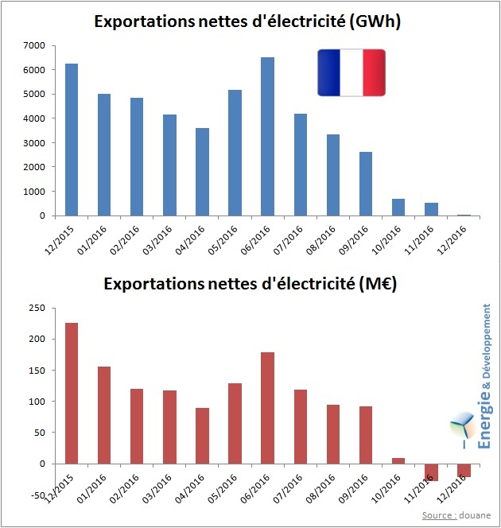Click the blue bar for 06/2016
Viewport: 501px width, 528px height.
point(267,136)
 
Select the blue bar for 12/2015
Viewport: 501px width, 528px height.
point(72,139)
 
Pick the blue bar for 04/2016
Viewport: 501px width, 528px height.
point(202,172)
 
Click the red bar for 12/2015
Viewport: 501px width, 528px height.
point(72,393)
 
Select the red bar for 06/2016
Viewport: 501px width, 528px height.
point(267,408)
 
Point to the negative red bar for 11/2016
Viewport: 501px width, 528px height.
point(430,472)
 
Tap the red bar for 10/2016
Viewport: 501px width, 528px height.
point(398,460)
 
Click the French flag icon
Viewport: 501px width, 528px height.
point(351,72)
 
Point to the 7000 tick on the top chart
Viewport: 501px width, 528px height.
point(36,45)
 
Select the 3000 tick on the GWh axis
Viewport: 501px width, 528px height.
point(36,143)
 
